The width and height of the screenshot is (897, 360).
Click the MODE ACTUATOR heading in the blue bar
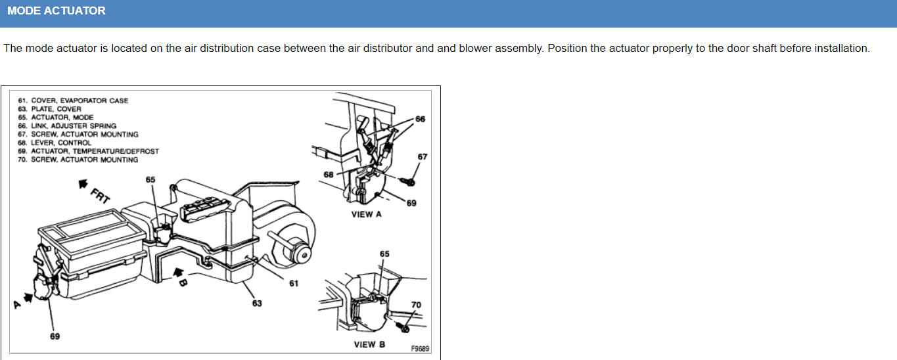[57, 11]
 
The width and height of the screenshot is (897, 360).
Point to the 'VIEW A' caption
[367, 214]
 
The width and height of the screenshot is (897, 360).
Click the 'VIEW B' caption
[369, 344]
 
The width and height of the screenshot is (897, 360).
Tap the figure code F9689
[420, 349]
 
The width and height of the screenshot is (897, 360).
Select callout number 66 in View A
[421, 119]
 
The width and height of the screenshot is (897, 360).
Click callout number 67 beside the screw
[422, 156]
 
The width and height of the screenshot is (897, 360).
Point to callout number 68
[329, 174]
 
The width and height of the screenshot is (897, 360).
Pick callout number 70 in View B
[416, 305]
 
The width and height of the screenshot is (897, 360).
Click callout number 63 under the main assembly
[257, 303]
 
